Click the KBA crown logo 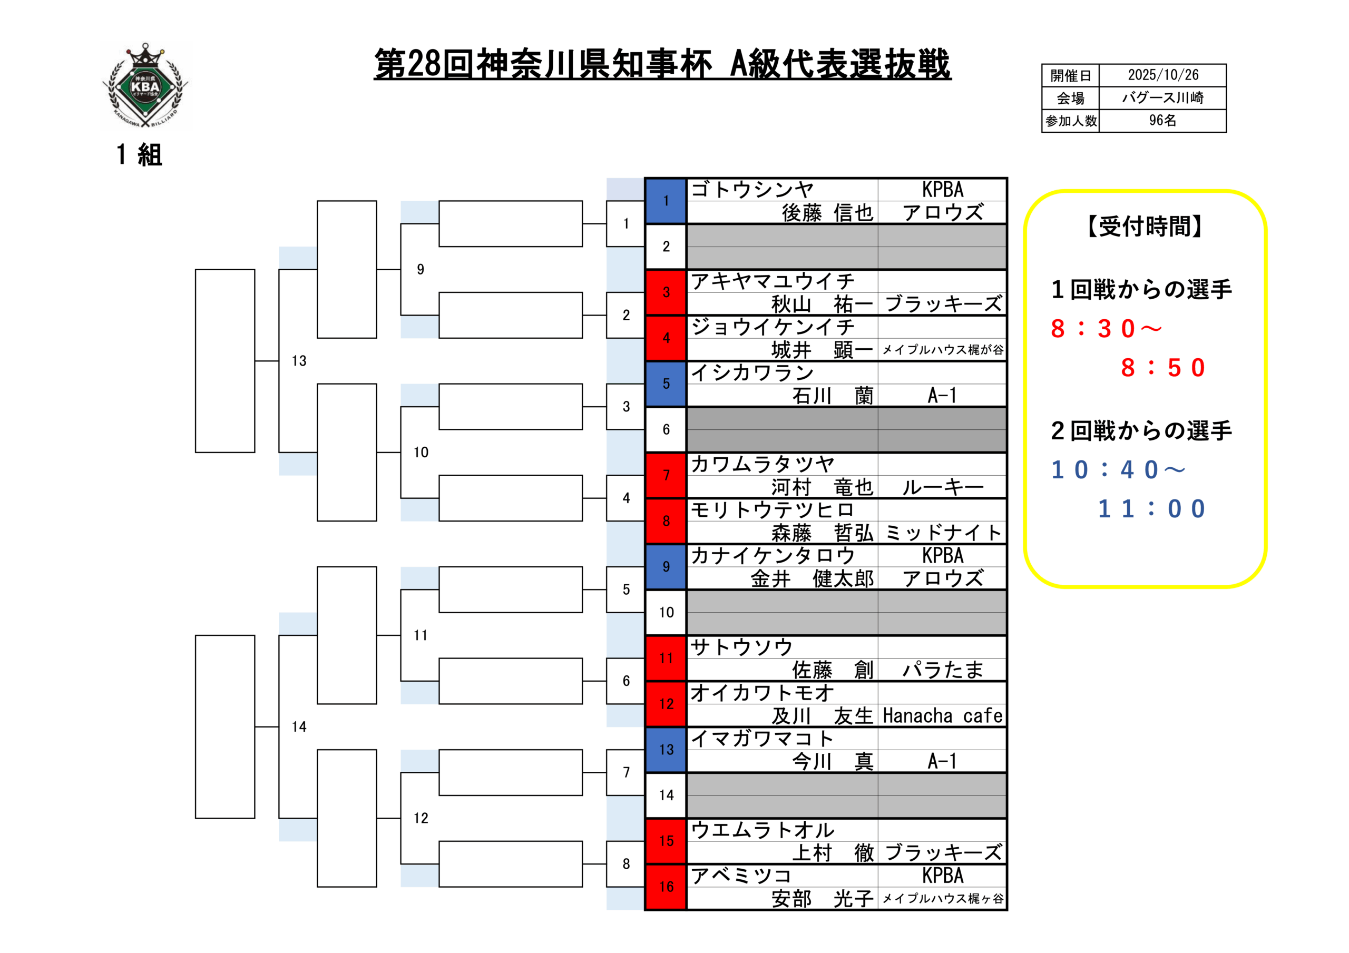pos(145,86)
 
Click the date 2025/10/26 pos(1163,75)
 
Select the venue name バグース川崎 pos(1163,97)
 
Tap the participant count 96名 pos(1163,121)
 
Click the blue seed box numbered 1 pos(666,201)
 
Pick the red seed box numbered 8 pos(666,521)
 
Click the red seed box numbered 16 pos(666,887)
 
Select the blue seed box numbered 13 pos(666,750)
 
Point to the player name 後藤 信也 pos(827,213)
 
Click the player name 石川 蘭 pos(833,396)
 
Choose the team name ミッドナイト pos(942,533)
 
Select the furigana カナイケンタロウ pos(773,556)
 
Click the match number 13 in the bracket pos(299,361)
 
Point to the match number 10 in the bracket pos(421,453)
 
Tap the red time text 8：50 pos(1163,368)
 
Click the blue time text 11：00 pos(1151,509)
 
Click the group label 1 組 pos(139,155)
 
